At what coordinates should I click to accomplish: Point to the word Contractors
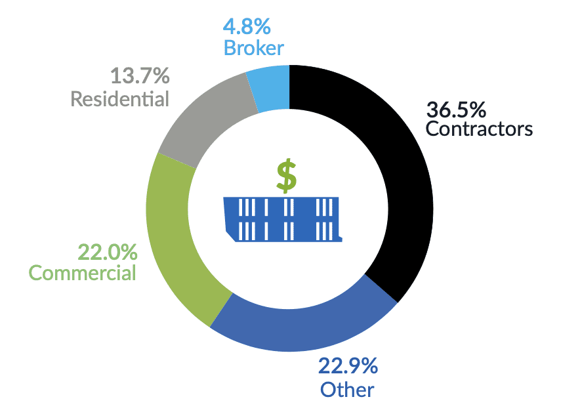point(479,129)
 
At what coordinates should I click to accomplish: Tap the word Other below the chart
point(347,389)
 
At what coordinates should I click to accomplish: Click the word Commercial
point(83,272)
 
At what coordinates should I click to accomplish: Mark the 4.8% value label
point(247,28)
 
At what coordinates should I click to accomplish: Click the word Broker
point(253,48)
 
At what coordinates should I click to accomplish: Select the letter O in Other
point(328,389)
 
